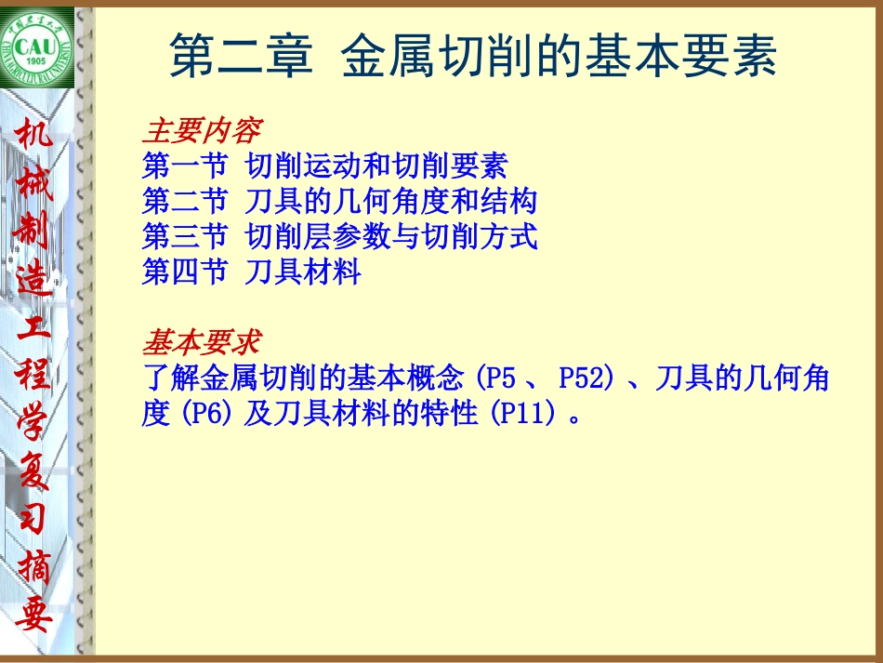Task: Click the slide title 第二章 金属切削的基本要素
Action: point(473,58)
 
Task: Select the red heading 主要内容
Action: point(201,131)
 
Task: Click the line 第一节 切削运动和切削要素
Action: point(324,166)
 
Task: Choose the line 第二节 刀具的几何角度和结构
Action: point(339,201)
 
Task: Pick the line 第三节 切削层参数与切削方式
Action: point(339,236)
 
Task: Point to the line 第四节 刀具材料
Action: point(251,272)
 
